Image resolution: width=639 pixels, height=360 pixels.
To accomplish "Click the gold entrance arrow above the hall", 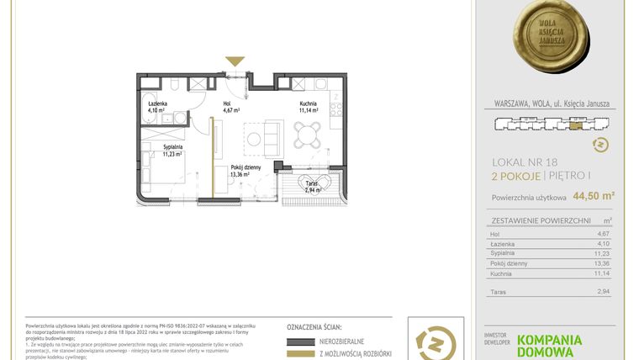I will (x=235, y=61).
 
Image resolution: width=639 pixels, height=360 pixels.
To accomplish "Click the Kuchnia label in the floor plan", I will (x=308, y=104).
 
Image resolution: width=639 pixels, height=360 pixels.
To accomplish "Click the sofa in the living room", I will (x=272, y=136).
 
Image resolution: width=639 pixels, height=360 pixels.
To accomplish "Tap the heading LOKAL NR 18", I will (x=526, y=161).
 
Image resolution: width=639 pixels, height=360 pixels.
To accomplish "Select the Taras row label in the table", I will (x=499, y=292).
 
